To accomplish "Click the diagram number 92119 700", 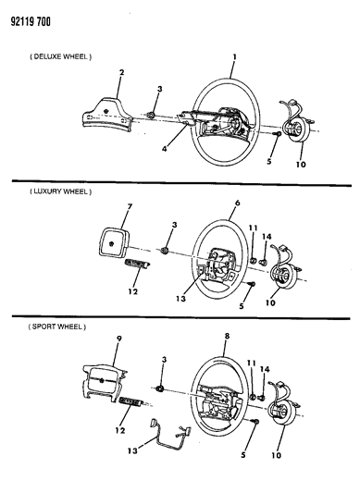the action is click(x=31, y=22).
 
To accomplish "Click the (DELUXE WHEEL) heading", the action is click(x=61, y=57).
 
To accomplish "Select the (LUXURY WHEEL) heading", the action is click(x=61, y=191).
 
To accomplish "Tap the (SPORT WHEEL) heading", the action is click(x=57, y=327).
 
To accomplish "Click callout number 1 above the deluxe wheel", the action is click(x=234, y=57).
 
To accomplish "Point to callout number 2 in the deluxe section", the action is click(x=121, y=72).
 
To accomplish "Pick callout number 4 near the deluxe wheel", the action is click(x=164, y=148).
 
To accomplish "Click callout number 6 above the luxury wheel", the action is click(x=237, y=203).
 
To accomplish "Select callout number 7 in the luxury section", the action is click(x=130, y=206).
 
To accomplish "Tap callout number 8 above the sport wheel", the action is click(x=227, y=336).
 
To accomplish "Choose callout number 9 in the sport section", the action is click(x=119, y=339).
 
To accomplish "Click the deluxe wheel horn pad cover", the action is click(x=107, y=115).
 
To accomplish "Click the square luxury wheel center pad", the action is click(x=111, y=242).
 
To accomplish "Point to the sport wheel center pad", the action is click(x=104, y=384).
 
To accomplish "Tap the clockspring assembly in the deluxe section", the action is click(x=295, y=126).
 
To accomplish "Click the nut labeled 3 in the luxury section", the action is click(x=164, y=251).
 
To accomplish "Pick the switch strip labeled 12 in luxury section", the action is click(x=137, y=263).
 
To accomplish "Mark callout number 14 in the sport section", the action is click(x=265, y=370).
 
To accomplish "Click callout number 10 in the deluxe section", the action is click(x=301, y=164).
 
